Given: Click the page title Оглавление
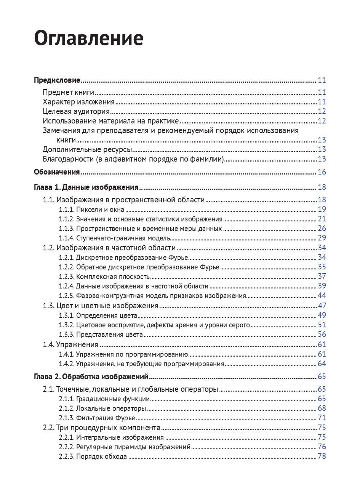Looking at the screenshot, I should point(89,38).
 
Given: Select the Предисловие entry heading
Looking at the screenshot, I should point(57,80).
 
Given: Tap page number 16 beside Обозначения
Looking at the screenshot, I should point(322,172).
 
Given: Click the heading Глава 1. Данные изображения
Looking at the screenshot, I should point(86,187).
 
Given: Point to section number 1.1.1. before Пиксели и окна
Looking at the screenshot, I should point(66,209).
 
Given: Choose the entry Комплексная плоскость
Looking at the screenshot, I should point(113,277).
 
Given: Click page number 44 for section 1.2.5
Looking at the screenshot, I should point(322,296).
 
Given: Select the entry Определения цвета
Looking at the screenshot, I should point(107,316).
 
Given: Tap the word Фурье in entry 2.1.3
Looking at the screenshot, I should point(125,418).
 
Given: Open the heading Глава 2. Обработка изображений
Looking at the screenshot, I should point(91,377).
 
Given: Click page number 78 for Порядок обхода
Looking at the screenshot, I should point(322,457).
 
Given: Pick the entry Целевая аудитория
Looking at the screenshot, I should point(76,111).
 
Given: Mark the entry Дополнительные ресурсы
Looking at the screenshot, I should point(87,149).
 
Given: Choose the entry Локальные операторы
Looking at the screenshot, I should point(111,408).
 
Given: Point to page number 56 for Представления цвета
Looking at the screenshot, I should point(322,335).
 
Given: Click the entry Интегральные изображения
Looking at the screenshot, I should point(120,437).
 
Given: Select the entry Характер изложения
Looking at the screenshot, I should point(78,102).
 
